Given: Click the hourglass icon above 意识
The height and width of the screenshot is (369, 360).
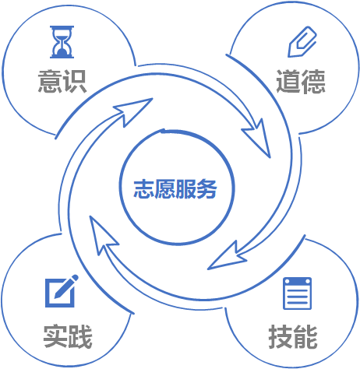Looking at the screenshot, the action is (x=62, y=42).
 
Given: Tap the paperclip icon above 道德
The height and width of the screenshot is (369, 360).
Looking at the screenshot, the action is (x=302, y=41).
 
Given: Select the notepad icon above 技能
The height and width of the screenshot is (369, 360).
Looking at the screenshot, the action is (x=297, y=293).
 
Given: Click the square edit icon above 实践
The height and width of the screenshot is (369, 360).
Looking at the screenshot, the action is (x=62, y=291).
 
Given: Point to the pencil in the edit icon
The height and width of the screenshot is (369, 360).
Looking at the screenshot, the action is (x=66, y=286).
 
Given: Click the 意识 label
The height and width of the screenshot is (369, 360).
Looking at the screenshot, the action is (x=62, y=81).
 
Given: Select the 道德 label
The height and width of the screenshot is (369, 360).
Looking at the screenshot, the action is (x=301, y=82).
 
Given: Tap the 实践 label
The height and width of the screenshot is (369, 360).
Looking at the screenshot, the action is (x=68, y=336).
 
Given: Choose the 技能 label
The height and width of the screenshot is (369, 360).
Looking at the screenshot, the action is (x=293, y=336).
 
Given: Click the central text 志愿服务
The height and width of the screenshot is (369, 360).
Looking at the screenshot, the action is (x=175, y=189).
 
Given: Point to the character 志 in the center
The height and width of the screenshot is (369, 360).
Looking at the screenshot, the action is (x=143, y=189).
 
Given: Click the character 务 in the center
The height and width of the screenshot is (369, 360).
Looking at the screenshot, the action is (x=206, y=189).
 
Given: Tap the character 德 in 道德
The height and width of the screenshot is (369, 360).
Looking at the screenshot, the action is (x=313, y=82).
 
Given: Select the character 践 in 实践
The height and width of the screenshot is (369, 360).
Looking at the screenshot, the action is (x=80, y=336).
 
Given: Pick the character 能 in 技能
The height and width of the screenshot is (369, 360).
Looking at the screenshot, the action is (x=305, y=336).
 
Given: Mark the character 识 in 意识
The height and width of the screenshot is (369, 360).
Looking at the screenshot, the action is (x=75, y=81).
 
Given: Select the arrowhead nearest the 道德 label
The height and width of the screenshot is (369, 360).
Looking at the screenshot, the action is (x=258, y=137).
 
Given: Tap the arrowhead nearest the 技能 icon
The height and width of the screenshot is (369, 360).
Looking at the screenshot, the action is (x=227, y=257).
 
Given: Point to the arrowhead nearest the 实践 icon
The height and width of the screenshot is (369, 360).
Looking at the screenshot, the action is (x=103, y=235).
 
